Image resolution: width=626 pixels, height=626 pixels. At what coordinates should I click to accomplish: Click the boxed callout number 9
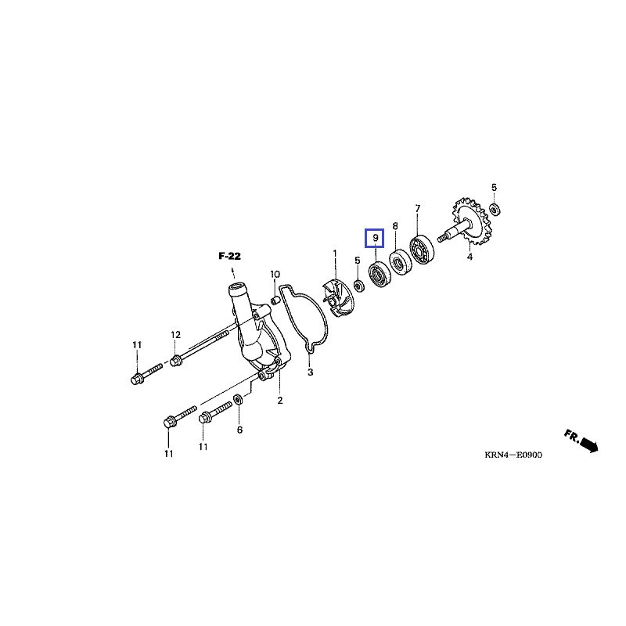pyautogui.click(x=376, y=237)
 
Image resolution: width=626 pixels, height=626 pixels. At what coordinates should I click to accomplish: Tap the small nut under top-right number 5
pyautogui.click(x=495, y=209)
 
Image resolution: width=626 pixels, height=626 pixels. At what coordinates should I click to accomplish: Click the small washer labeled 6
pyautogui.click(x=239, y=401)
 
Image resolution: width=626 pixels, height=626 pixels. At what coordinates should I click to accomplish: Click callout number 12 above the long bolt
pyautogui.click(x=175, y=335)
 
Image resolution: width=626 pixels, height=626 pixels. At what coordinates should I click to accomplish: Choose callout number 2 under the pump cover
pyautogui.click(x=279, y=401)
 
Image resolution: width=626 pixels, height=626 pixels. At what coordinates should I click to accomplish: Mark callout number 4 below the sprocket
pyautogui.click(x=469, y=257)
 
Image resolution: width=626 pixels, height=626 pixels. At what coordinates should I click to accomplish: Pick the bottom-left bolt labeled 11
pyautogui.click(x=169, y=423)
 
